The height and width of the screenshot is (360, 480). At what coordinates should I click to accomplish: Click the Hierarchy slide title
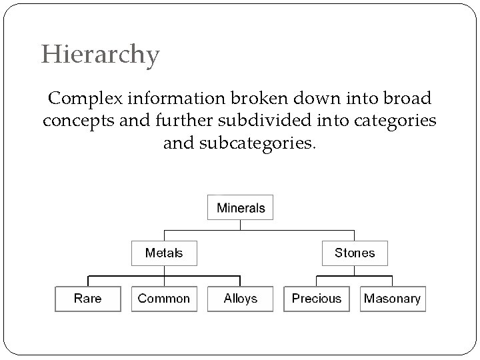pos(101,54)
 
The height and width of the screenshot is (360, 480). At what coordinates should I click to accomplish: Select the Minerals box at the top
pos(241,208)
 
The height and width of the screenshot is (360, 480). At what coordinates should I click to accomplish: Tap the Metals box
pos(164,253)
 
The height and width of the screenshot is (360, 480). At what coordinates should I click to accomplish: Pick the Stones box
pos(355,253)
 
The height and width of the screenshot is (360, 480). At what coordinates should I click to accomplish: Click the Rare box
pos(87,298)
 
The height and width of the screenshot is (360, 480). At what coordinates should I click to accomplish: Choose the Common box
pos(163,298)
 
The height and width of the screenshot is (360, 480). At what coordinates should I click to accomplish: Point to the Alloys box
pos(240,298)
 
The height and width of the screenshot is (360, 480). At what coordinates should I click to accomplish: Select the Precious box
pos(317,298)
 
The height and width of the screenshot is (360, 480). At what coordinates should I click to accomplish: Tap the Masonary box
pos(393,298)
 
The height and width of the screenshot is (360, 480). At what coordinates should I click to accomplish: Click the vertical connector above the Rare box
pos(87,281)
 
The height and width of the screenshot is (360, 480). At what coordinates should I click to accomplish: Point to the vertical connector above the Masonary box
pos(393,281)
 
